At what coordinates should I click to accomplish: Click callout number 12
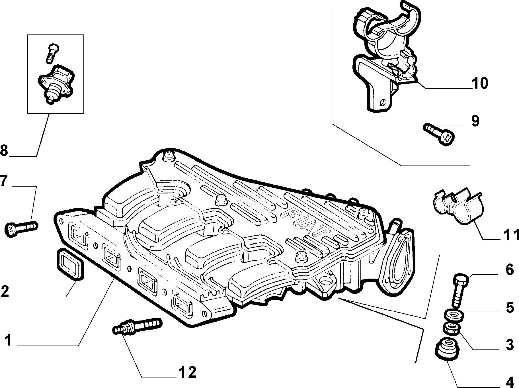point(187,372)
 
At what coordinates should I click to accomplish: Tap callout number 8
point(4,150)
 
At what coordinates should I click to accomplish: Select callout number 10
point(480,83)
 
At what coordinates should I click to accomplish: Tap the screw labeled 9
point(438,134)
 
